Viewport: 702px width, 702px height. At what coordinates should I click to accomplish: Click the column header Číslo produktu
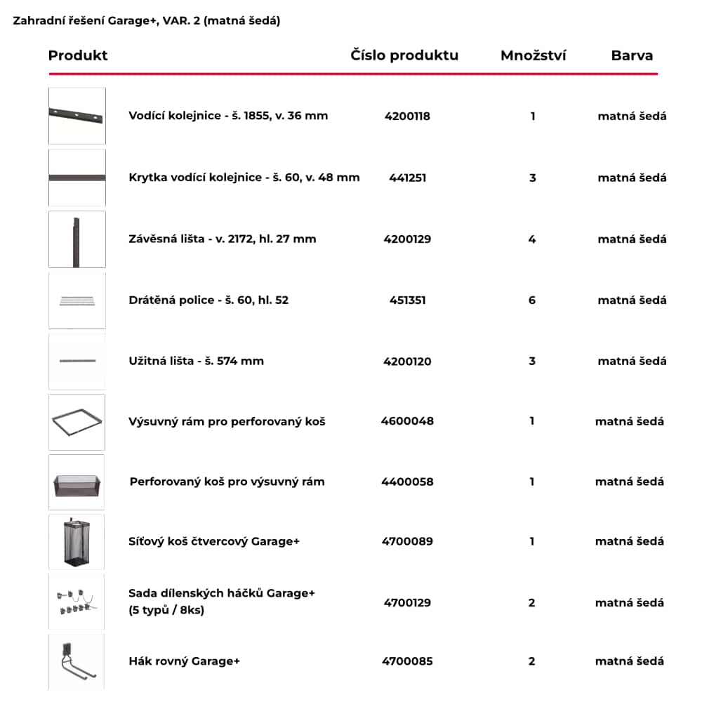tap(404, 55)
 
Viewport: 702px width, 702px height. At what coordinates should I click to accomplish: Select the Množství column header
tap(533, 55)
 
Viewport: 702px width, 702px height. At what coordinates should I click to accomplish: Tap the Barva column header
tap(632, 55)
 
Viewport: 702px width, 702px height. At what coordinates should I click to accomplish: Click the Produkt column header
tap(78, 55)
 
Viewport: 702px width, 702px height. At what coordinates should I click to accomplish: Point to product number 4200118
tap(407, 117)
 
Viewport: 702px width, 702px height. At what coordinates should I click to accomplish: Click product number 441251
tap(407, 178)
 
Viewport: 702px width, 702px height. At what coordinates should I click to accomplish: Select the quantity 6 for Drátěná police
tap(532, 300)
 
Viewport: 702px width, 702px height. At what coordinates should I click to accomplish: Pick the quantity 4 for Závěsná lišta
tap(532, 239)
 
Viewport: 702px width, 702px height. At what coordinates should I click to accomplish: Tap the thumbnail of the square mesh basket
tap(77, 541)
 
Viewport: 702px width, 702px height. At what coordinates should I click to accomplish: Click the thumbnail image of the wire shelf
tap(77, 300)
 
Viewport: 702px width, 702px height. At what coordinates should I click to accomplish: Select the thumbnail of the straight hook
tap(77, 662)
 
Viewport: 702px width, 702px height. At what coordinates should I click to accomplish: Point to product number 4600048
tap(407, 422)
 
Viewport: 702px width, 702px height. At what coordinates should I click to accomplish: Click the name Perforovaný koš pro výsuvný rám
tap(227, 482)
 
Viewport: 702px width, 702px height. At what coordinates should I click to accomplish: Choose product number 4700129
tap(407, 602)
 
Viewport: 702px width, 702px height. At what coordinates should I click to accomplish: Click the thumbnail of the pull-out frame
tap(77, 422)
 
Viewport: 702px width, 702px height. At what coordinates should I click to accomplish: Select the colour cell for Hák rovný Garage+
tap(630, 661)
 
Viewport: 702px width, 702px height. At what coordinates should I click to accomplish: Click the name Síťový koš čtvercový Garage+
tap(214, 541)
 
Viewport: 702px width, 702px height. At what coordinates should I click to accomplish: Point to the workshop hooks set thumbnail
tap(77, 602)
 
